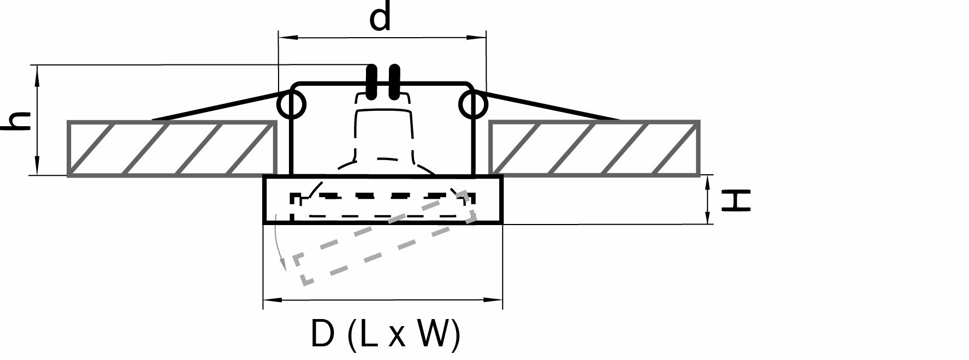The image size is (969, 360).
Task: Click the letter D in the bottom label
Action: click(322, 334)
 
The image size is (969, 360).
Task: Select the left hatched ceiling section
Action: click(171, 149)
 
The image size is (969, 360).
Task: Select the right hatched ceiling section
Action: click(594, 149)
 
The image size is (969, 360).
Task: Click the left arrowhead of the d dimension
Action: click(284, 37)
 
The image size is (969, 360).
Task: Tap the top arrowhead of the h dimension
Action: click(38, 71)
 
